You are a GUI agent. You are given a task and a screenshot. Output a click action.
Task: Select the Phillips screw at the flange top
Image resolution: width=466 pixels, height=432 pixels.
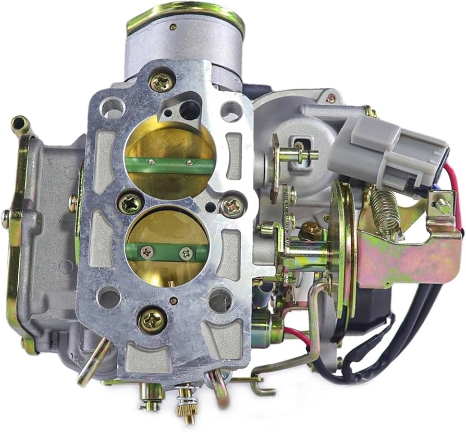162,82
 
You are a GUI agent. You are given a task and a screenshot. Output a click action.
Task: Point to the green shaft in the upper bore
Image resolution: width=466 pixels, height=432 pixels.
170,166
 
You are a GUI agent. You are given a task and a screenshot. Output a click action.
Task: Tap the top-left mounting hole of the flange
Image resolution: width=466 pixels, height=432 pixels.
112,108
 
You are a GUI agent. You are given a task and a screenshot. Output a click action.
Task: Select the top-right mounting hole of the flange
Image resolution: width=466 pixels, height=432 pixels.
230,111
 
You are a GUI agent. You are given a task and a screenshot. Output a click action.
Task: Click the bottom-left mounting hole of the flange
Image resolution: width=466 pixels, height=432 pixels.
109,297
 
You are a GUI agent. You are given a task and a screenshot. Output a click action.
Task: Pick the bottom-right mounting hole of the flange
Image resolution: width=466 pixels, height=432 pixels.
219,301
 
